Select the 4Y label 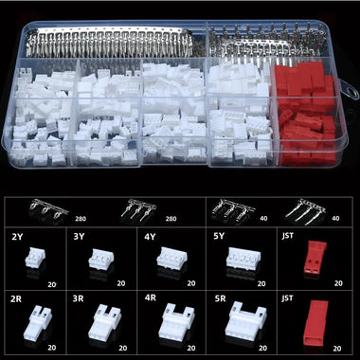tap(150, 236)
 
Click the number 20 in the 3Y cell tap(122, 281)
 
